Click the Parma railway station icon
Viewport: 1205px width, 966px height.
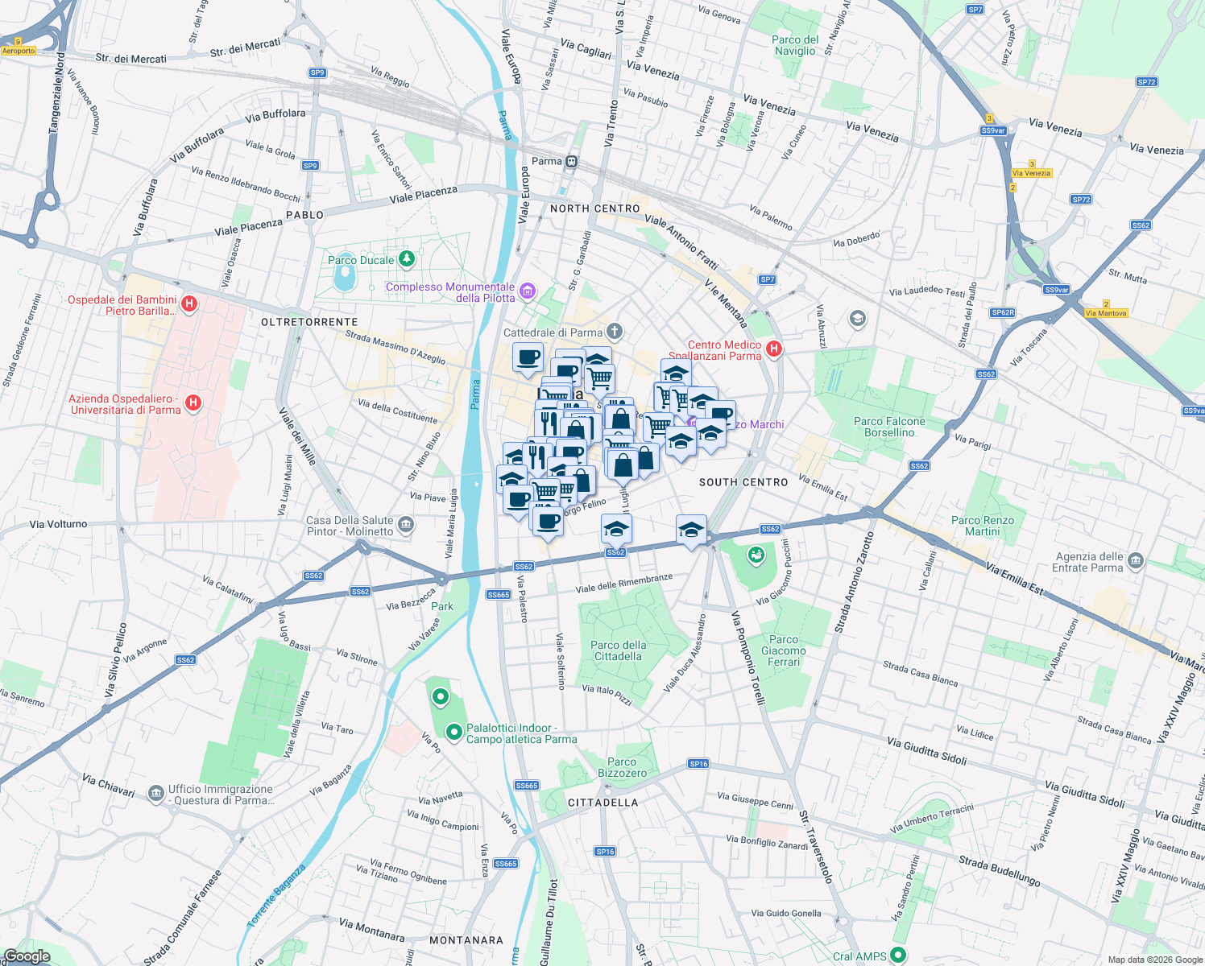[x=571, y=161]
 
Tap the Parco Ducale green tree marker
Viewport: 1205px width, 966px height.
[x=407, y=258]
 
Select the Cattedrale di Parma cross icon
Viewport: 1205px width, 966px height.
[x=615, y=331]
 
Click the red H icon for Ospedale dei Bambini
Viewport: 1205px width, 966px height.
[x=189, y=303]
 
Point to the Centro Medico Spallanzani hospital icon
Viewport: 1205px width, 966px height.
[x=773, y=349]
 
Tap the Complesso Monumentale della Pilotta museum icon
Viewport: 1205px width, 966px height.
[x=528, y=291]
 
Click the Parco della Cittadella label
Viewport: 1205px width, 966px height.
[x=617, y=650]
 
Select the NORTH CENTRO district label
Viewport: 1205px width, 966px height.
[x=594, y=208]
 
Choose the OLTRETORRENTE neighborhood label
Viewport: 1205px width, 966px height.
[x=309, y=322]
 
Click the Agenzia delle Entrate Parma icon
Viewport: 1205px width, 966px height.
[x=1136, y=560]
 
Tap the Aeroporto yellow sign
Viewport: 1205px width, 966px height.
[x=19, y=51]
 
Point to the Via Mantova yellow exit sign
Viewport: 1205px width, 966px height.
[x=1105, y=313]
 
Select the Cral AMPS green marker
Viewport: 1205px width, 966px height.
[x=898, y=956]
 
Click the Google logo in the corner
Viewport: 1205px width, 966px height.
[x=27, y=956]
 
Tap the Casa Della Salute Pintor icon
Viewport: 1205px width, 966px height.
[x=406, y=525]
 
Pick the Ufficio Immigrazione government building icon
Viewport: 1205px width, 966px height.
[x=155, y=794]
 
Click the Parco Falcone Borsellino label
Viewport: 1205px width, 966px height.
[x=889, y=427]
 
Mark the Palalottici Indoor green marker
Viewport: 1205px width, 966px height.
[x=453, y=732]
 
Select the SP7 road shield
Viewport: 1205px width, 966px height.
[x=767, y=279]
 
